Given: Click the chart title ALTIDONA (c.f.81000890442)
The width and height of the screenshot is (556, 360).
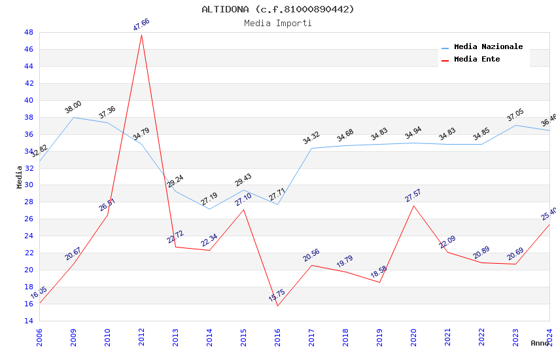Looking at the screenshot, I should [278, 9].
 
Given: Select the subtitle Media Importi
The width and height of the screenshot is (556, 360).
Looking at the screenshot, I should [278, 24].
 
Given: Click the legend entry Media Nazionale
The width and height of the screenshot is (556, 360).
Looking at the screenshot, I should [488, 47].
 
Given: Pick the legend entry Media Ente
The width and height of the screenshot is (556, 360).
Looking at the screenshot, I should [477, 60].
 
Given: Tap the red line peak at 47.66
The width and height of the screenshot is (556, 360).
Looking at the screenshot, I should [141, 34].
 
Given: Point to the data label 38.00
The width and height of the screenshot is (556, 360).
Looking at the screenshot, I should [73, 107].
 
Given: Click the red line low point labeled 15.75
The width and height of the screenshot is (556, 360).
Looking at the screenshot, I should [277, 306].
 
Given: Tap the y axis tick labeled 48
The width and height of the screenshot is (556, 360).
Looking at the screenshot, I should [29, 32].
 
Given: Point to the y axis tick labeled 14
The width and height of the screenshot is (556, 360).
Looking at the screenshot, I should [29, 321].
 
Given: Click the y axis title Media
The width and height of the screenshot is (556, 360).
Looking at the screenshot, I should [20, 177].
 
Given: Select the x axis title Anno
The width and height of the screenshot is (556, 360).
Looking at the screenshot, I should [540, 343].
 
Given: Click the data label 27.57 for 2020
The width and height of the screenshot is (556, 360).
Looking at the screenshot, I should [413, 195].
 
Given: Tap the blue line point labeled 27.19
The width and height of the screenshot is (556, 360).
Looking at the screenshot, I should [209, 209].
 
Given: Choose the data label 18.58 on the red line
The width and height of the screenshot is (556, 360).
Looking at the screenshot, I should [379, 272].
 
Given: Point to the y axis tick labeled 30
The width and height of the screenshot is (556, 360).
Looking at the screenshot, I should [29, 185].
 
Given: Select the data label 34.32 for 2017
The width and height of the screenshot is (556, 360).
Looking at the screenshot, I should [311, 138].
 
